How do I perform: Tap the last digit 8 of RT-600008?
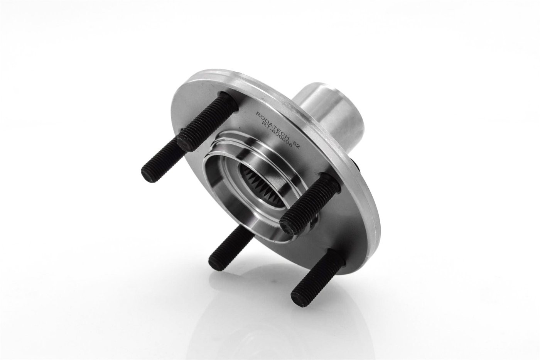pyautogui.click(x=290, y=145)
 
